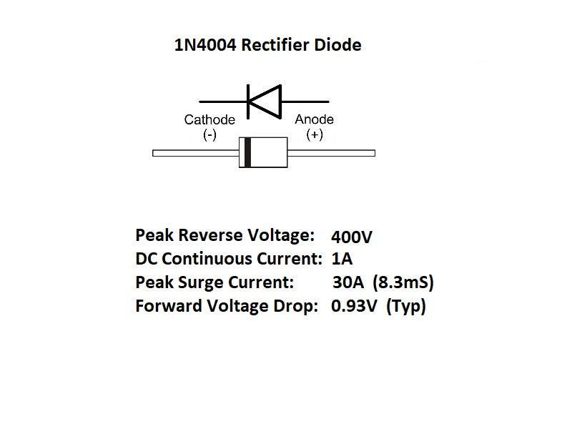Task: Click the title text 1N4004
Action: click(x=205, y=46)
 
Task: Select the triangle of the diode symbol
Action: click(x=264, y=101)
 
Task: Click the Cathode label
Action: click(x=209, y=119)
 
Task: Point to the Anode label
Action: click(x=315, y=119)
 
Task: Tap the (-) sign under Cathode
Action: click(x=209, y=134)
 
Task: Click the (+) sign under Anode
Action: click(x=315, y=134)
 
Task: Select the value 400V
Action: click(x=352, y=236)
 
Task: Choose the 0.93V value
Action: click(x=353, y=307)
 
